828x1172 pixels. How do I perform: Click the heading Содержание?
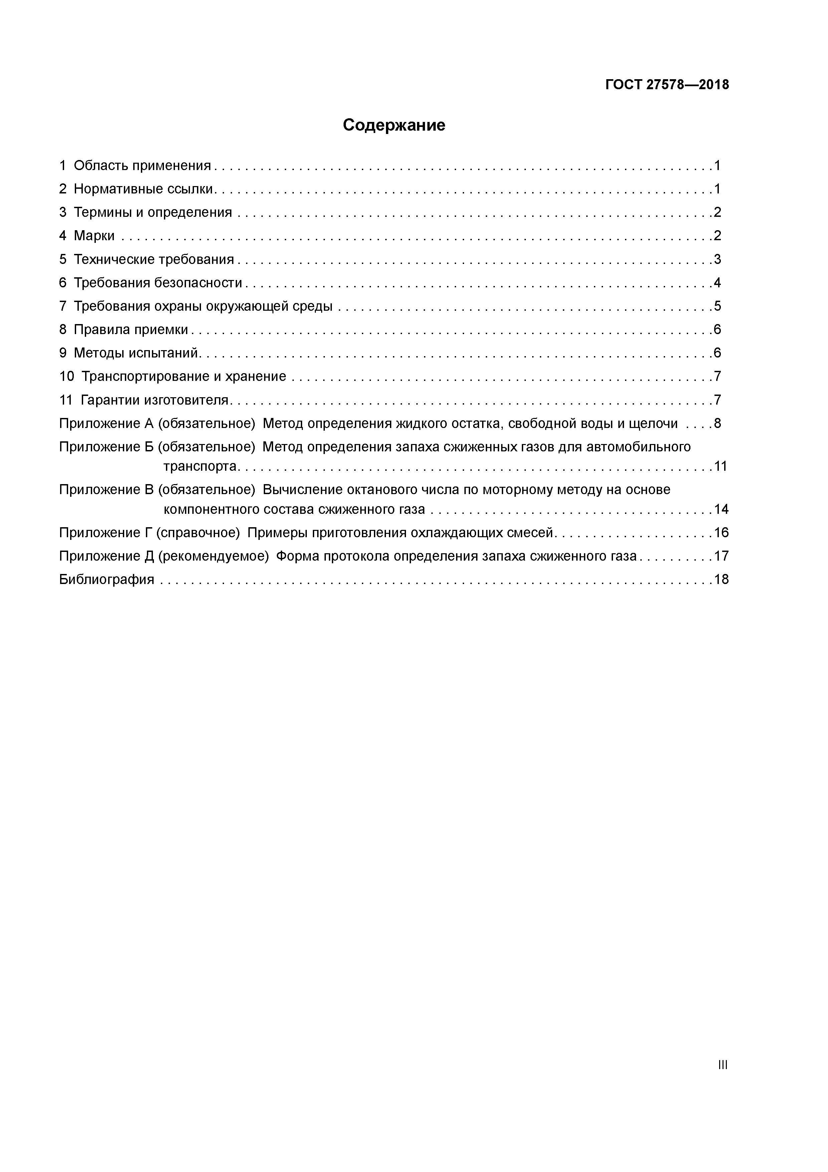[394, 125]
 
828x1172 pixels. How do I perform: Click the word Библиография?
[107, 579]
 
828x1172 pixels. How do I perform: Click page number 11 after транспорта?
[721, 466]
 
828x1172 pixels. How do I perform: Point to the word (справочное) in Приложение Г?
[198, 533]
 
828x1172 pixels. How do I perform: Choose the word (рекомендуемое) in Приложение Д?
[213, 556]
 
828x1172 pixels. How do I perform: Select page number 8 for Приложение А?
[717, 424]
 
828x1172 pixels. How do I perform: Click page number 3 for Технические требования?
[717, 259]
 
